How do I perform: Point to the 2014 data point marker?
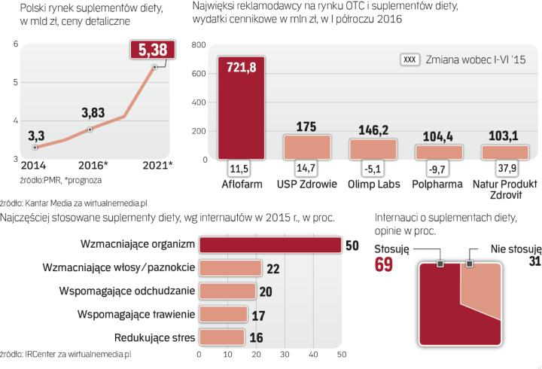[36, 148]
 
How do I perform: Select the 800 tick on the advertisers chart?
[199, 45]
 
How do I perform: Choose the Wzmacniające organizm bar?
[269, 245]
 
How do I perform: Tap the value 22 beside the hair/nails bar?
[273, 268]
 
